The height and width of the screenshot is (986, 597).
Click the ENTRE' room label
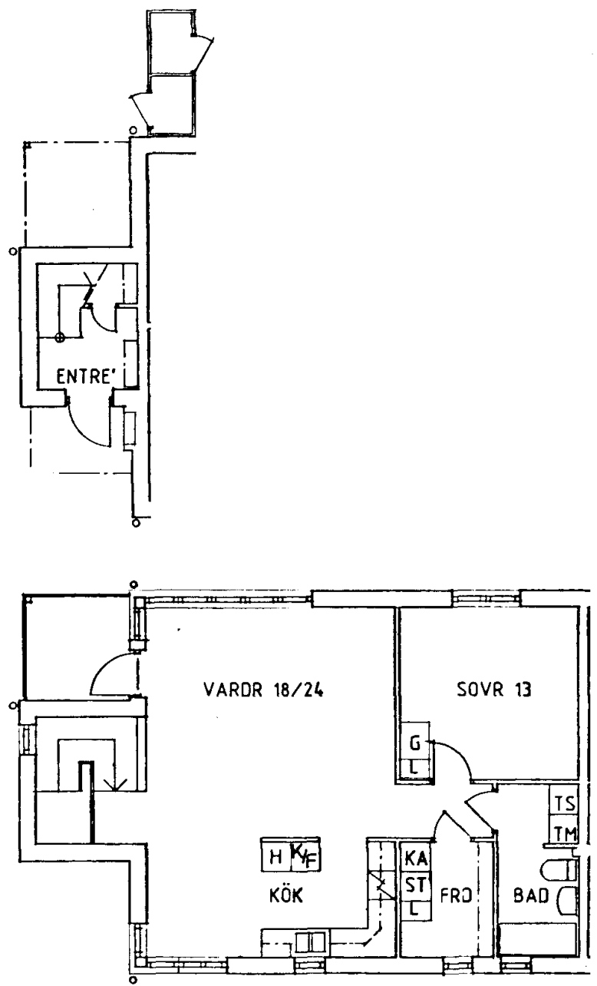tap(86, 376)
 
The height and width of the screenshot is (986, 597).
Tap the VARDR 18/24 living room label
tap(263, 690)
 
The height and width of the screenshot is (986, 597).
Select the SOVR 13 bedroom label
tap(493, 690)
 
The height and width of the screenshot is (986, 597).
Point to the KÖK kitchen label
tap(286, 895)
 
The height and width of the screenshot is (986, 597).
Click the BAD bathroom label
tap(531, 895)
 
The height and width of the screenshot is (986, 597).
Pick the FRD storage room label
tap(456, 895)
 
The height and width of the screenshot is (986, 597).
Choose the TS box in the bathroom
tap(564, 803)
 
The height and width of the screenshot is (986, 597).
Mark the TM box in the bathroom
tap(564, 833)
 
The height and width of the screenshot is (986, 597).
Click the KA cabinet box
tap(416, 858)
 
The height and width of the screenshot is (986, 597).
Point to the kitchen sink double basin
tap(310, 943)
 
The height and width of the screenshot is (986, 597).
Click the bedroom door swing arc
tap(457, 753)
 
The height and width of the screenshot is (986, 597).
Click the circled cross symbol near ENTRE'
tap(59, 338)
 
